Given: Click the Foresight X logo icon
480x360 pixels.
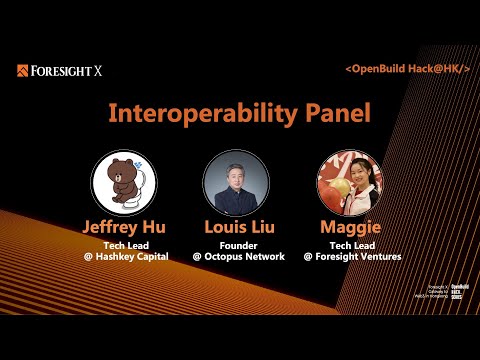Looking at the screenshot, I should point(23,71).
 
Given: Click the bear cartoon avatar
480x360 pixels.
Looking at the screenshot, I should point(124,183).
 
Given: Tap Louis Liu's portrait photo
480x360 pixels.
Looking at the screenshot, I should point(236,184).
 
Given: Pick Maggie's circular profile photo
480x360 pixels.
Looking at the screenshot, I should point(350,184).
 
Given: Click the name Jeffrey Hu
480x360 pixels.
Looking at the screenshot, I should point(124,227).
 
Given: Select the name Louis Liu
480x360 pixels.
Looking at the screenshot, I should point(236,227).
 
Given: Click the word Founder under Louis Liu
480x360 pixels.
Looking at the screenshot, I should point(236,245).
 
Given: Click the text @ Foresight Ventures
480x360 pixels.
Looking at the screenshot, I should point(351,257).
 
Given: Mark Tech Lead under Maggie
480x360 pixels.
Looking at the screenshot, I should point(351,245).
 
